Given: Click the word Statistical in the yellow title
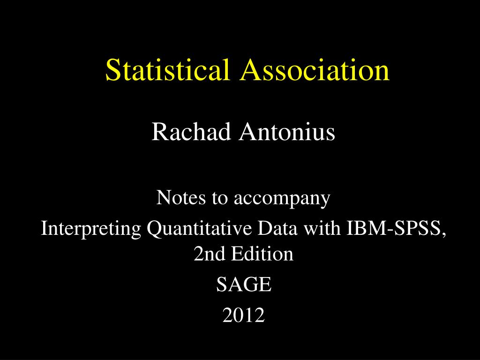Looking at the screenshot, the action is tap(167, 69).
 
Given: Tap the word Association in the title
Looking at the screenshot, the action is tap(315, 69).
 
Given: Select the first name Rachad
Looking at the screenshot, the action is tap(191, 132).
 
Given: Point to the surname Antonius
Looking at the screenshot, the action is tap(287, 132).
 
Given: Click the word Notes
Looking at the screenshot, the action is tap(181, 197).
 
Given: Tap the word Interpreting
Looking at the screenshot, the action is tap(91, 229).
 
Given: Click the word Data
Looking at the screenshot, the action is tap(277, 228).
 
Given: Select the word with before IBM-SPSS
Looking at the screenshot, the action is tap(322, 228).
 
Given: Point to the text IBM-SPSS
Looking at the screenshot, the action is tap(395, 228).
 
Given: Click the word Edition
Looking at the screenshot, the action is tap(262, 254).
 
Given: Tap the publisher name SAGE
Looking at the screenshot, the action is tap(244, 284).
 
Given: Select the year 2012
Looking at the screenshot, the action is tap(244, 315).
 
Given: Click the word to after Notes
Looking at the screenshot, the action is tap(220, 198).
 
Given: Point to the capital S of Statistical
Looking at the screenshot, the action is tap(112, 69).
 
